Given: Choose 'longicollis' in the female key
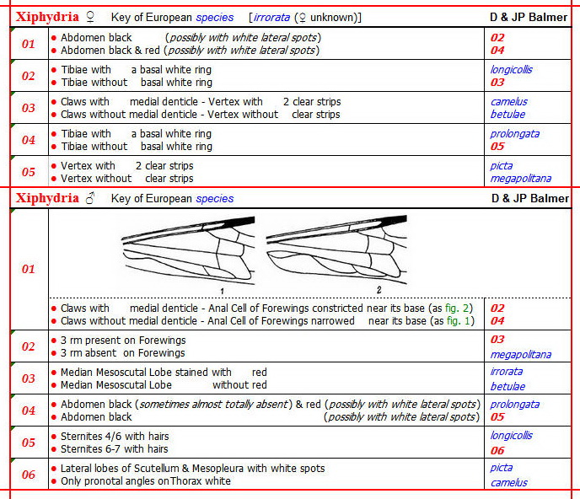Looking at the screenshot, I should click(x=511, y=70).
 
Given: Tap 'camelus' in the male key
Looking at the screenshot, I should click(x=509, y=482).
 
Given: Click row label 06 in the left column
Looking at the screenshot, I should click(x=29, y=475).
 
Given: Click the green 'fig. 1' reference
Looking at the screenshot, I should click(x=447, y=321).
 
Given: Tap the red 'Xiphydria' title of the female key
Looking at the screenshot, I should click(x=47, y=17).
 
